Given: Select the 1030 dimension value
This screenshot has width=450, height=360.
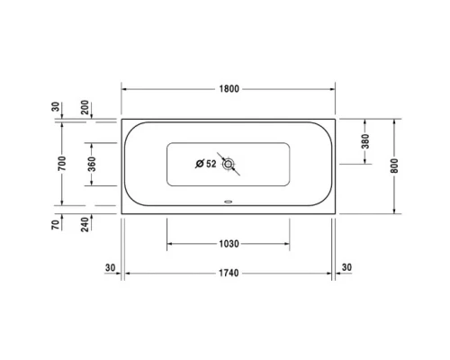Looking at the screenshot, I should pos(229,244).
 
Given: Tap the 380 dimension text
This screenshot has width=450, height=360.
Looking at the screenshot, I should pos(365,141).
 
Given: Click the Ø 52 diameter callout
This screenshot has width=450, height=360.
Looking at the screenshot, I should pos(206,163).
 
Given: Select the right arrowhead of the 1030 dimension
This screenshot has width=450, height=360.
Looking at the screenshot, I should pos(288,244).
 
